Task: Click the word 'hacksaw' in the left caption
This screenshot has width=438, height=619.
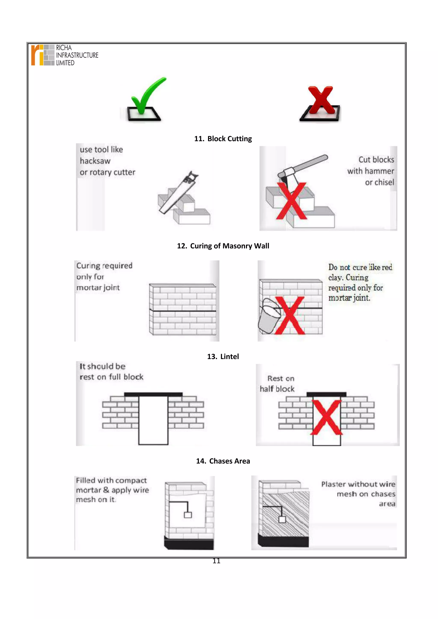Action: pos(95,161)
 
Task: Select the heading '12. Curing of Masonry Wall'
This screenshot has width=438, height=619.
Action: pos(223,246)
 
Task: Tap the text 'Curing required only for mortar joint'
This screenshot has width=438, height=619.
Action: pos(104,277)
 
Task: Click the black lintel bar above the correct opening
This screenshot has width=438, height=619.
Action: pos(153,394)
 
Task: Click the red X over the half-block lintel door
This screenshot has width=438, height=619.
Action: pos(326,417)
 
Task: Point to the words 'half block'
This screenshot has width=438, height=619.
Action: pos(277,389)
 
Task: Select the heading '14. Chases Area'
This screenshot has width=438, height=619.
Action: pos(223,461)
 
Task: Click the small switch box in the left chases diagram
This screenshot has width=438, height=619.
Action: pos(188,515)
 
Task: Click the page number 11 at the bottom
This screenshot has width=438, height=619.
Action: pos(216,561)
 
